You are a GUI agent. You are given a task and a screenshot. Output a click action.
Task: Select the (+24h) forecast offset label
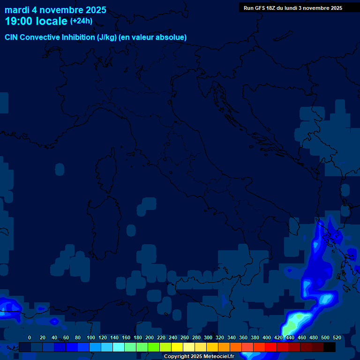click(81, 21)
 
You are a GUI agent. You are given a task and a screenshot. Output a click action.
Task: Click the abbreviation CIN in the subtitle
click(12, 37)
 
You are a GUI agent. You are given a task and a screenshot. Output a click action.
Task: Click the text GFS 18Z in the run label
click(266, 8)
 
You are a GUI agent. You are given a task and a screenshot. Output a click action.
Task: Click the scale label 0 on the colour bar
click(30, 337)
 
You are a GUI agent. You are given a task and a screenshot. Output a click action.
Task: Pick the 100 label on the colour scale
click(91, 337)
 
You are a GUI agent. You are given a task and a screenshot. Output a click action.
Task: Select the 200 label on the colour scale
click(150, 337)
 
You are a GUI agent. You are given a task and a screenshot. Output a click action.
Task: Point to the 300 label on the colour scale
click(208, 337)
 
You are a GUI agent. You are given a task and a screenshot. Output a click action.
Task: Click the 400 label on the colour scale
click(267, 337)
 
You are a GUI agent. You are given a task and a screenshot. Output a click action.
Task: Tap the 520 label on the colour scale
click(337, 337)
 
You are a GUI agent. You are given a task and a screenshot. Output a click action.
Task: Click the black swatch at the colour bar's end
click(330, 347)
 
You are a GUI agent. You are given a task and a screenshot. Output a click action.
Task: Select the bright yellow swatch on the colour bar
click(177, 347)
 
